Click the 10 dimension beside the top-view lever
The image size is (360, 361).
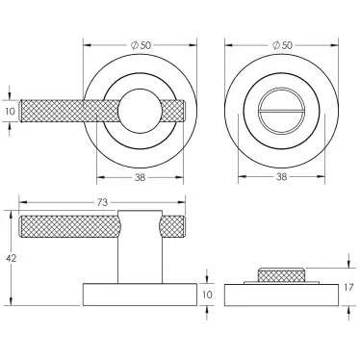coord(10,112)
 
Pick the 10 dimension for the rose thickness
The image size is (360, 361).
coord(207,294)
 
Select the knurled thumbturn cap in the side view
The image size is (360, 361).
coord(283,276)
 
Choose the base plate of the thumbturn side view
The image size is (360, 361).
coord(283,295)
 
